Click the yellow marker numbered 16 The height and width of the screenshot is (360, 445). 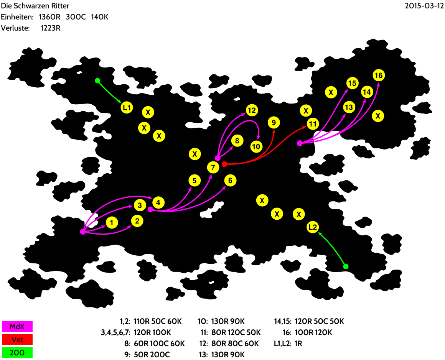[378, 76]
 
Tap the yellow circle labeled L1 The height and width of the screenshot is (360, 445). [127, 108]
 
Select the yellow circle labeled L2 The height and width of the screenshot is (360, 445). [313, 227]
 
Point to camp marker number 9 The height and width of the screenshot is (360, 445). [274, 123]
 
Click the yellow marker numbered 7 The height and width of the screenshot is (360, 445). [213, 167]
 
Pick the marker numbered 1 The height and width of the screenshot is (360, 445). [111, 222]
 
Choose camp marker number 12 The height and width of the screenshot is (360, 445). [251, 111]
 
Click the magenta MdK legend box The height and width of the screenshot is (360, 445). [17, 326]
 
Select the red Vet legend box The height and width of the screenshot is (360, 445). [17, 339]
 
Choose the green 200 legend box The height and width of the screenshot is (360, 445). [17, 352]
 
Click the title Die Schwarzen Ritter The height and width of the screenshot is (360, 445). [35, 6]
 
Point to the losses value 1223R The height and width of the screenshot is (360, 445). [50, 28]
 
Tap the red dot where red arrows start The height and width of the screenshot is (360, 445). [225, 164]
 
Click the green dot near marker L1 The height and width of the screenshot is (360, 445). [97, 81]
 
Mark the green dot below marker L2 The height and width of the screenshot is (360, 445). [345, 266]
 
